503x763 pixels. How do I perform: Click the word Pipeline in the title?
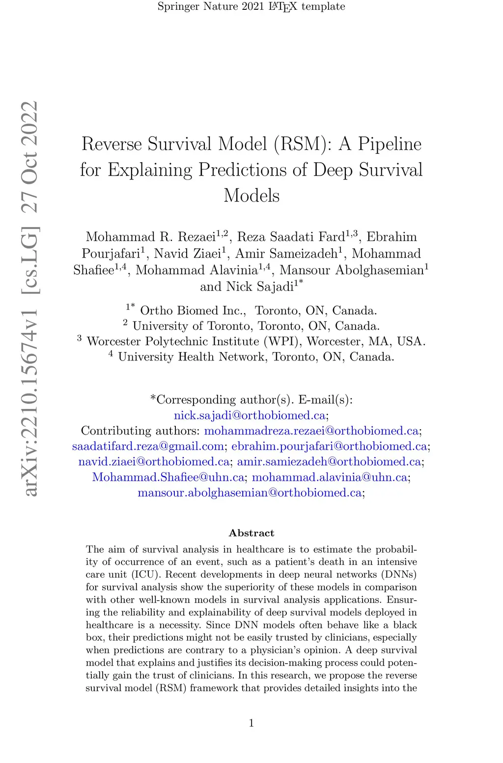390,144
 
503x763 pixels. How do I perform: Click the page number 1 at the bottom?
251,723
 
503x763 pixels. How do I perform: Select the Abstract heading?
251,533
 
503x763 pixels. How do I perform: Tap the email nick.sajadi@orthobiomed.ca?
250,415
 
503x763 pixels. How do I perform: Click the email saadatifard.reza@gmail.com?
148,446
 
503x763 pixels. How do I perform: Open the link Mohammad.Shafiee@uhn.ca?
168,477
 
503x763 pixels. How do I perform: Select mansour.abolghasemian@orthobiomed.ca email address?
250,493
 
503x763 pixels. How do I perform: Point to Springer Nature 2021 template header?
251,7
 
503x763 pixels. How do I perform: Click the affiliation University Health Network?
192,357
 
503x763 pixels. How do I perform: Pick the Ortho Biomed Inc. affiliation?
193,311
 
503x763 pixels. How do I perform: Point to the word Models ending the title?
251,196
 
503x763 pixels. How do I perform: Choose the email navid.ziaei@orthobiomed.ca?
154,462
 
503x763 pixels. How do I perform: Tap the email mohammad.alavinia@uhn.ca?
329,477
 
